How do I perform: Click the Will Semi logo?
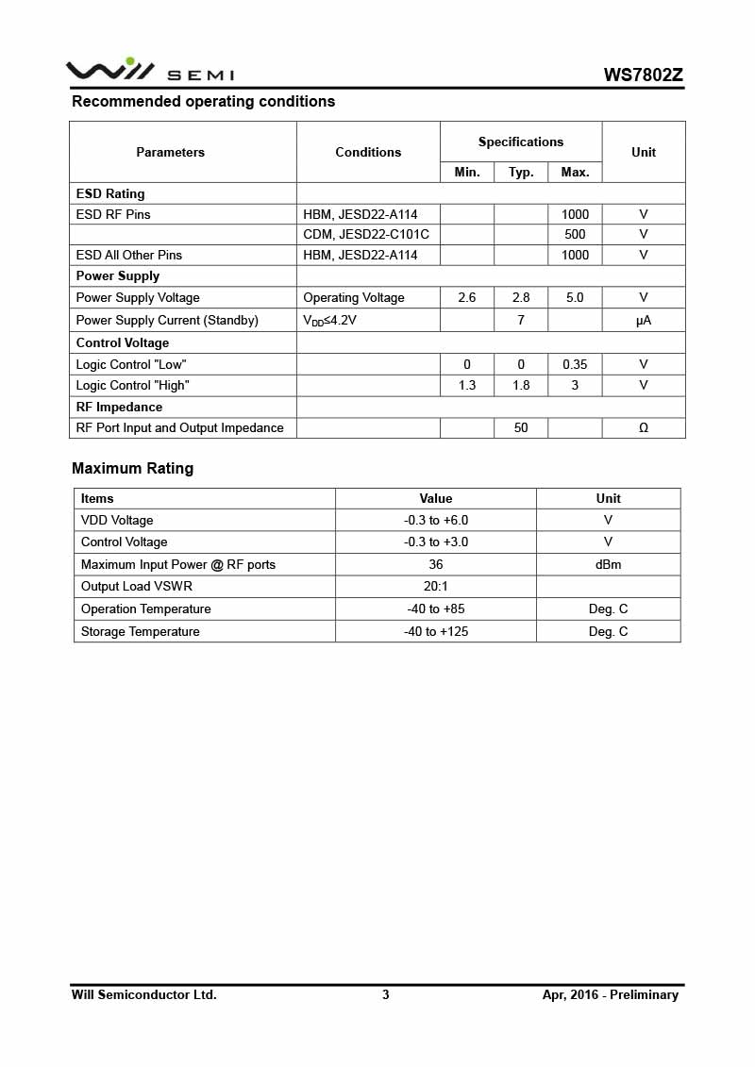pyautogui.click(x=149, y=71)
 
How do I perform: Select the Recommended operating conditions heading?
pyautogui.click(x=203, y=102)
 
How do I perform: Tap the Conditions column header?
pyautogui.click(x=368, y=152)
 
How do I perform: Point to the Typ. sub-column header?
pyautogui.click(x=521, y=172)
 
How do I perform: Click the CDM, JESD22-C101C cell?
pyautogui.click(x=365, y=234)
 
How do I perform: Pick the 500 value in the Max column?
pyautogui.click(x=575, y=234)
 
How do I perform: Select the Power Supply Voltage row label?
pyautogui.click(x=138, y=297)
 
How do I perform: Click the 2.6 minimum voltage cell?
pyautogui.click(x=467, y=297)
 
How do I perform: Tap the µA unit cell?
pyautogui.click(x=644, y=320)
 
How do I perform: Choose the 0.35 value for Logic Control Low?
pyautogui.click(x=575, y=364)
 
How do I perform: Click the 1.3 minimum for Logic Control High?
pyautogui.click(x=467, y=385)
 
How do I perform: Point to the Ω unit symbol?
pyautogui.click(x=644, y=427)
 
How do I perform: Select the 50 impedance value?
pyautogui.click(x=521, y=427)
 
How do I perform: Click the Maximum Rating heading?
pyautogui.click(x=132, y=469)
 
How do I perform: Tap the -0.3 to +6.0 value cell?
pyautogui.click(x=436, y=520)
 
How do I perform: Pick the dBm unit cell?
pyautogui.click(x=608, y=564)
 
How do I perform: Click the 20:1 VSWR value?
pyautogui.click(x=436, y=586)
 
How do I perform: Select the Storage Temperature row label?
pyautogui.click(x=141, y=631)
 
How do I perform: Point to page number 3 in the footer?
pyautogui.click(x=385, y=994)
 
